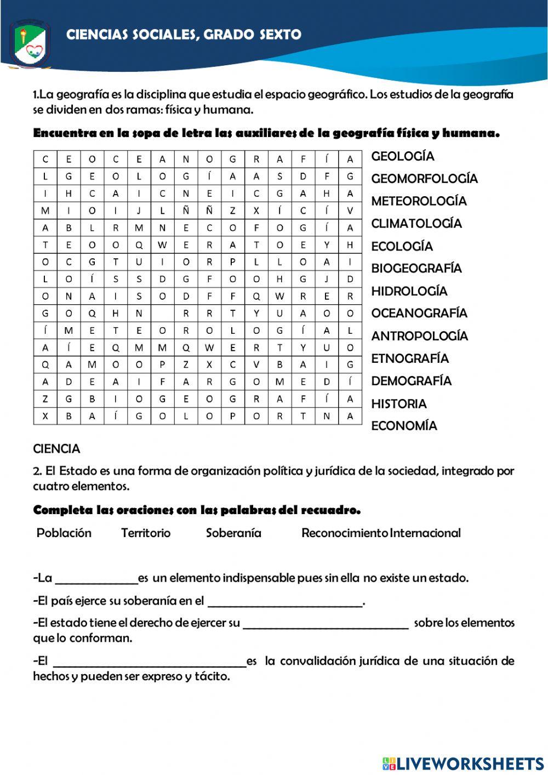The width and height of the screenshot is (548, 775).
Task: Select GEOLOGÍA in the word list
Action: (403, 156)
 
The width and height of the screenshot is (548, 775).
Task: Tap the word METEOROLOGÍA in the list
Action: (419, 201)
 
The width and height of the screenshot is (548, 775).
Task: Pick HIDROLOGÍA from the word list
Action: (409, 291)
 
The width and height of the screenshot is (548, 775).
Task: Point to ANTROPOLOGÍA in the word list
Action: (419, 336)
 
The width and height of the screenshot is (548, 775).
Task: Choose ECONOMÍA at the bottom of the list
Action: (404, 426)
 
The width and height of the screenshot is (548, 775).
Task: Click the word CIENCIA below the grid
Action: (56, 449)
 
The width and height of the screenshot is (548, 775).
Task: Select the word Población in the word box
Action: (64, 533)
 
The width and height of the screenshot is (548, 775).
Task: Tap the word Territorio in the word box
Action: (146, 533)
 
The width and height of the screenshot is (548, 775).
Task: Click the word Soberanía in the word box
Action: (233, 533)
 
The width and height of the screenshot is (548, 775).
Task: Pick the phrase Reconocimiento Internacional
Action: (381, 533)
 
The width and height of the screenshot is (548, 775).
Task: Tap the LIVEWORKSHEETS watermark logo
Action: (463, 763)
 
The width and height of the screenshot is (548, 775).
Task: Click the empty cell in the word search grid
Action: (163, 314)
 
